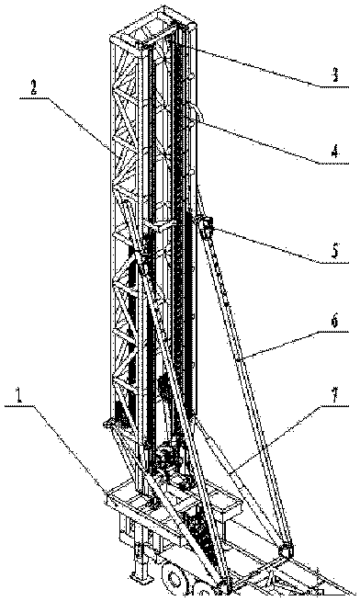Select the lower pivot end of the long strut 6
285,551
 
